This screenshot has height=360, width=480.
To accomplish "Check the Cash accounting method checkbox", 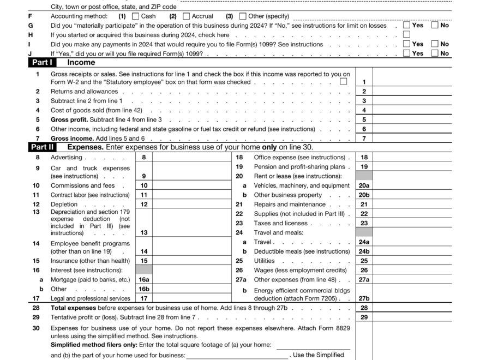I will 136,16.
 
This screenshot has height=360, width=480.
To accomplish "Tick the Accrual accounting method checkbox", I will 187,16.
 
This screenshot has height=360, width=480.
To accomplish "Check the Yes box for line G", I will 406,25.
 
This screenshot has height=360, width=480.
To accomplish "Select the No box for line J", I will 435,53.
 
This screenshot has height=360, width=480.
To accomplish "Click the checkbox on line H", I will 406,34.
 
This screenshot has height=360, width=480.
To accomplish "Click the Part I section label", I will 41,63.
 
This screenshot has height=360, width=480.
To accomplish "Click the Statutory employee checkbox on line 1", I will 344,82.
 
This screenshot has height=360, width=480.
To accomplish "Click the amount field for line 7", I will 412,139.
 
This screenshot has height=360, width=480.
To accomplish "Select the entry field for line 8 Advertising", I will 190,158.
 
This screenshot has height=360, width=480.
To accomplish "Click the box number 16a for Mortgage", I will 144,279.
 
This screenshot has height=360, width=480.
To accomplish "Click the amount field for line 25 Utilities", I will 412,261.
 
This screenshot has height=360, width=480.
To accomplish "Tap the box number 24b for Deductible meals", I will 364,251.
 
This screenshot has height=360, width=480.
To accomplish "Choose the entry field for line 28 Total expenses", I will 412,308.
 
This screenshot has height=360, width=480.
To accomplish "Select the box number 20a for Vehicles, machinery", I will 364,185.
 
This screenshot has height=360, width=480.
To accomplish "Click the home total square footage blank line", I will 313,345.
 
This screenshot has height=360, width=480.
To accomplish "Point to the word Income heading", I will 81,63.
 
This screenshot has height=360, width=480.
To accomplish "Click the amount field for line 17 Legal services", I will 190,298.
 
